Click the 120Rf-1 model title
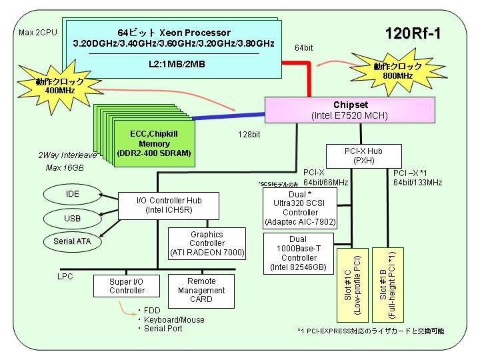pyautogui.click(x=413, y=33)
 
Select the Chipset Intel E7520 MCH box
pyautogui.click(x=349, y=110)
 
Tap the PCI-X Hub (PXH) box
pyautogui.click(x=364, y=156)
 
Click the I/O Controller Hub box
pyautogui.click(x=169, y=206)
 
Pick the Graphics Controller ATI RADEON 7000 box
pyautogui.click(x=207, y=244)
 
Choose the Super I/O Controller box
pyautogui.click(x=127, y=286)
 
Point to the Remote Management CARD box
pyautogui.click(x=201, y=291)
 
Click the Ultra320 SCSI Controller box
pyautogui.click(x=300, y=208)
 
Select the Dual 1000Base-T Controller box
pyautogui.click(x=299, y=253)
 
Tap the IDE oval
pyautogui.click(x=72, y=194)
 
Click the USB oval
pyautogui.click(x=72, y=218)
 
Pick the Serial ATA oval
pyautogui.click(x=72, y=241)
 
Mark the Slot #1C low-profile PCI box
pyautogui.click(x=353, y=285)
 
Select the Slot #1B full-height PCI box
pyautogui.click(x=388, y=285)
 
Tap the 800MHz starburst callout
pyautogui.click(x=398, y=71)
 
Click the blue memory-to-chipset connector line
pyautogui.click(x=229, y=116)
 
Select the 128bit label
pyautogui.click(x=249, y=135)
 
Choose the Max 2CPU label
pyautogui.click(x=38, y=33)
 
